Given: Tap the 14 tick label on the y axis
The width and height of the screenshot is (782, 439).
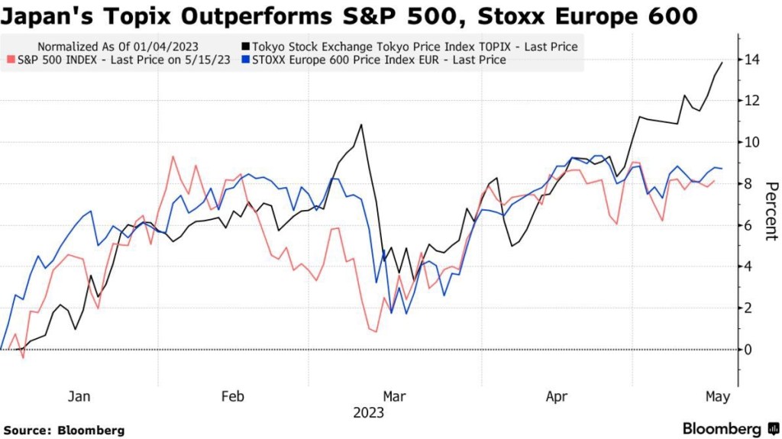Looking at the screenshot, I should click(x=754, y=59).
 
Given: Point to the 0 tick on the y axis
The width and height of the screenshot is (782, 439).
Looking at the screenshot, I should click(x=750, y=349).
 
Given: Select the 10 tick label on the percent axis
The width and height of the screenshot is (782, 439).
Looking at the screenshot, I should click(x=754, y=142).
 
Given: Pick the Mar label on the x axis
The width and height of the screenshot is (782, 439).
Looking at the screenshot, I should click(x=394, y=396).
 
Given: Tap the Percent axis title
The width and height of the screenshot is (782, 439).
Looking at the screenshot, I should click(x=771, y=211).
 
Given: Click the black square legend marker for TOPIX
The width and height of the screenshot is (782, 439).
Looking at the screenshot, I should click(x=245, y=47).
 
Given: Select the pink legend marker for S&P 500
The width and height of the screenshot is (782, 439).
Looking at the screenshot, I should click(x=10, y=60).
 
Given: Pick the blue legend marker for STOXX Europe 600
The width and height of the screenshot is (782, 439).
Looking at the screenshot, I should click(x=245, y=60).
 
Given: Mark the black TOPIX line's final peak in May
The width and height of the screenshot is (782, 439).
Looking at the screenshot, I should click(x=722, y=63).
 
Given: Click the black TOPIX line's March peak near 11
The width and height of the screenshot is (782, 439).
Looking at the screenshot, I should click(x=361, y=124).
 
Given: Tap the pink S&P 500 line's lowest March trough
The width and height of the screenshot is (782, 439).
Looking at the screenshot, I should click(x=376, y=331).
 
